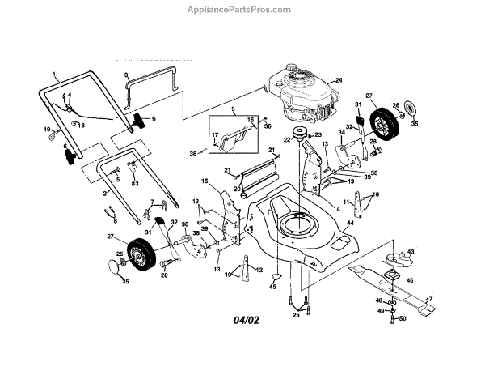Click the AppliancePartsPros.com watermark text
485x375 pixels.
(x=242, y=11)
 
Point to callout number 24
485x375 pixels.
(x=339, y=79)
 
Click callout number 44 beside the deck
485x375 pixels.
(x=350, y=221)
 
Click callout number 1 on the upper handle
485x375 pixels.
(x=56, y=75)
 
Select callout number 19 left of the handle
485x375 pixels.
(x=48, y=130)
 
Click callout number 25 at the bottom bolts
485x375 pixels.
(x=295, y=315)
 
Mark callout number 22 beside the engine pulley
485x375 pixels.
(x=285, y=139)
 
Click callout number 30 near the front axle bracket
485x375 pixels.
(x=184, y=224)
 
